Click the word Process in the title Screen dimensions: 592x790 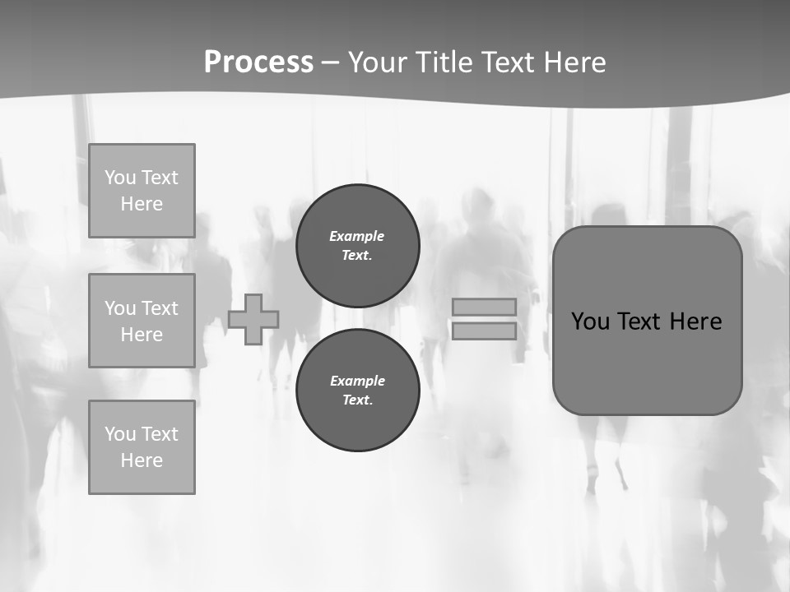pos(258,62)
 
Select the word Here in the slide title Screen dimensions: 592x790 pos(574,62)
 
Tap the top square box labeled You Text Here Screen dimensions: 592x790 pos(142,191)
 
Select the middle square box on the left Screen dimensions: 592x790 pos(142,321)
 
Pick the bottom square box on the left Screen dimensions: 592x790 pos(142,447)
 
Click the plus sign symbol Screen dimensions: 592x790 pos(253,319)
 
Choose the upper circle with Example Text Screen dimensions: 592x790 pos(358,246)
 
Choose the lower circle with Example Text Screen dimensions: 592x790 pos(358,391)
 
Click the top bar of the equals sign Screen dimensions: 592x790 pos(484,307)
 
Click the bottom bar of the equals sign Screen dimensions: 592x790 pos(484,331)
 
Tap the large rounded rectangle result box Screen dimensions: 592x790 pos(648,370)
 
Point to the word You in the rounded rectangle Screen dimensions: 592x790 pos(589,321)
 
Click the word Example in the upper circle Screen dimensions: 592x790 pos(357,236)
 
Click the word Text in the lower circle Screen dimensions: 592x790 pos(357,400)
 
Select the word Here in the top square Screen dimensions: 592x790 pos(142,204)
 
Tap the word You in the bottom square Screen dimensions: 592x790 pos(119,434)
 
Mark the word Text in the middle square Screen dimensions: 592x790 pos(160,308)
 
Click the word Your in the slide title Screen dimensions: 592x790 pos(379,62)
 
